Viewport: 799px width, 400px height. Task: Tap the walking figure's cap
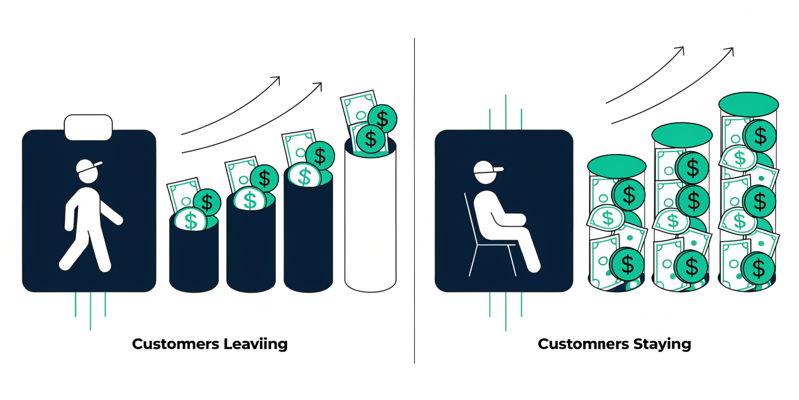coord(88,166)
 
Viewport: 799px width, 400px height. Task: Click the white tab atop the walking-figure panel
coord(88,128)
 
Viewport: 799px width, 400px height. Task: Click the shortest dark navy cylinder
coord(194,254)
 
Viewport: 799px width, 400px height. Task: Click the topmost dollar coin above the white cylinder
coord(382,119)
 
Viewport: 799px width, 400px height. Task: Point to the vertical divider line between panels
coord(414,201)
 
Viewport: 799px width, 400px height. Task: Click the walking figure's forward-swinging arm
coord(111,213)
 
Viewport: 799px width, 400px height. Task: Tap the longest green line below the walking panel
coord(90,311)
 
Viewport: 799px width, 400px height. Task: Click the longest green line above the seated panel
coord(506,112)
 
